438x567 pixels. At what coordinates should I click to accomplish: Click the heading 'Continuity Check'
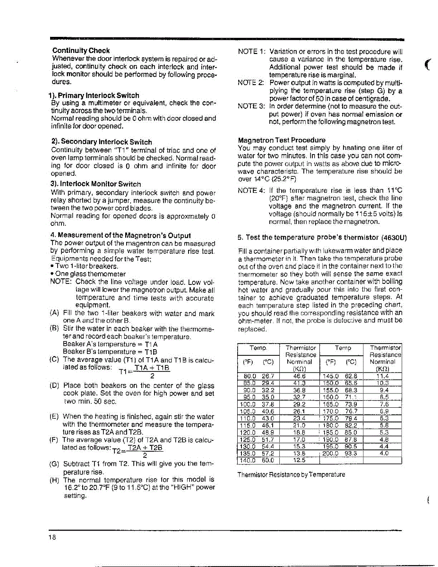[x=81, y=51]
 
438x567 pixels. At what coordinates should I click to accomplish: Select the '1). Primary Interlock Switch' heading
[x=94, y=95]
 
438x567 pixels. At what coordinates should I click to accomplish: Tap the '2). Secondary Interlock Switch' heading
[x=101, y=142]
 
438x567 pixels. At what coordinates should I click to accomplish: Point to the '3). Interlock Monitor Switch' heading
[x=95, y=184]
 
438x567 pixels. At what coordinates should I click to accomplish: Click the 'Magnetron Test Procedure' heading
[x=282, y=140]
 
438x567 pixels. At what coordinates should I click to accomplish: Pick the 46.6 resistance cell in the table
[x=300, y=376]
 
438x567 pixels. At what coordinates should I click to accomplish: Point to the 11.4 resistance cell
[x=385, y=376]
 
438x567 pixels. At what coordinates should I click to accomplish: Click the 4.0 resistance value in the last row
[x=385, y=453]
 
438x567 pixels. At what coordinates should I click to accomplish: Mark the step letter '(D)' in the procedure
[x=55, y=385]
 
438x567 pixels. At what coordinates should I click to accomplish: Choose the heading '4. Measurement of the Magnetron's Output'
[x=120, y=235]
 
